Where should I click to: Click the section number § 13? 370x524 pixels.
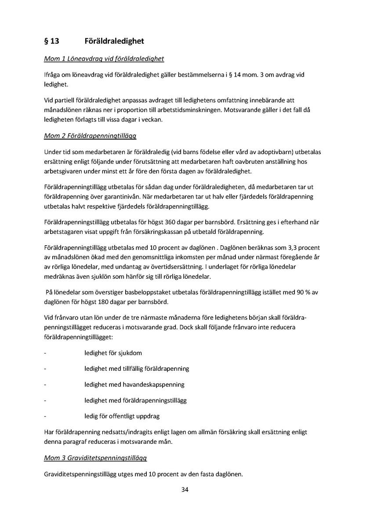pos(51,41)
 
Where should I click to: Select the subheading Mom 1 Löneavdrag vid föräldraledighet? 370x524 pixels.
pos(104,59)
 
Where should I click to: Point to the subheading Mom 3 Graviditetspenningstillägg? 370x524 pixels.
pos(95,458)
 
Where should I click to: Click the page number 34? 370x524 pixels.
pos(185,490)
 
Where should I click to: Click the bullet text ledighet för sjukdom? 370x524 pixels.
pos(113,353)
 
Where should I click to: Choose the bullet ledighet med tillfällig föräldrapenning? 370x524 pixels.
pos(137,369)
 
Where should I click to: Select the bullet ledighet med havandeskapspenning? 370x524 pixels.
pos(134,384)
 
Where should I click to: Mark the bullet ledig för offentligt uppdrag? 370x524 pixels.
pos(122,416)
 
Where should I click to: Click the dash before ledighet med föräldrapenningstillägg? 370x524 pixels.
pos(45,400)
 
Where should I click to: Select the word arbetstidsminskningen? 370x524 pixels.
pos(188,110)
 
